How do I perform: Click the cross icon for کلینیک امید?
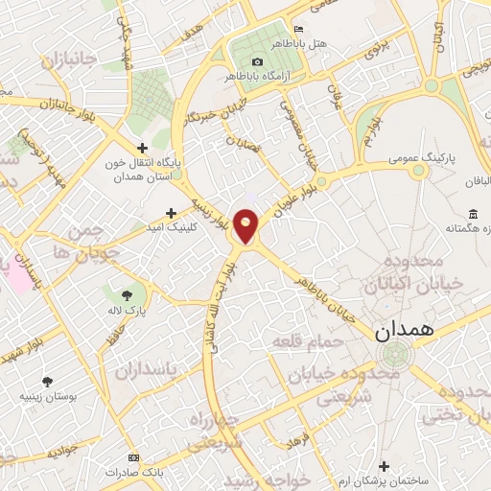click(171, 213)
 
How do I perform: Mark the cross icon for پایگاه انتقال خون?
click(142, 148)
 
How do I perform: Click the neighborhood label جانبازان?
click(69, 61)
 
